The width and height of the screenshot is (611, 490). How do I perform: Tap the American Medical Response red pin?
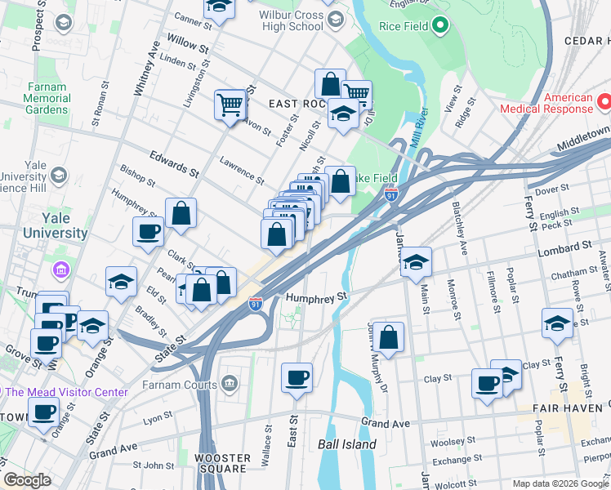(604, 102)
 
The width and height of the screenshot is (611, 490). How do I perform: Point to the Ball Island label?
(347, 444)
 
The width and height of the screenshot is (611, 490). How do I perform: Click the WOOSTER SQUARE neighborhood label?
(222, 463)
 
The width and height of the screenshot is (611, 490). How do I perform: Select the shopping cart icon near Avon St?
(230, 105)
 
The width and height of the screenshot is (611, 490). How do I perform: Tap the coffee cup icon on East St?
(297, 378)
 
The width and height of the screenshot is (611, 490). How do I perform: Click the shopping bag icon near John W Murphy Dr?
(390, 337)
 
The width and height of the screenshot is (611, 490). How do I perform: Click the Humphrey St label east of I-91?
(316, 298)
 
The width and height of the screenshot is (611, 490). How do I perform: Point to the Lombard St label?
(564, 247)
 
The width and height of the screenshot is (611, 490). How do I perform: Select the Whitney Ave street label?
(151, 69)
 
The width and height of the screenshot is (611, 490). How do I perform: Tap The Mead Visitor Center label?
(67, 392)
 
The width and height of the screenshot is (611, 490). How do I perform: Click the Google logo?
(27, 480)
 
